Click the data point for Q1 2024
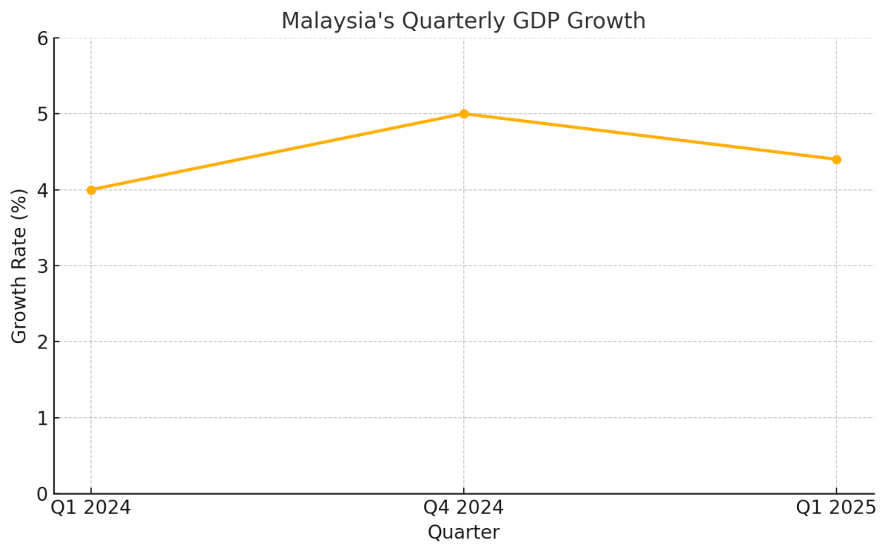point(91,190)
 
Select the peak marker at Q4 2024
point(464,114)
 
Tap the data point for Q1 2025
point(836,160)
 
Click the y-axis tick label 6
point(42,38)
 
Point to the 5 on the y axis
point(42,114)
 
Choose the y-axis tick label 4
point(42,190)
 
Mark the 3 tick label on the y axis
point(42,266)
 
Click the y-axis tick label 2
point(42,342)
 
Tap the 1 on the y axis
point(42,418)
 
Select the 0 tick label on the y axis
point(42,494)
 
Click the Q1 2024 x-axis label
point(91,508)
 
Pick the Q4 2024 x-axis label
point(464,508)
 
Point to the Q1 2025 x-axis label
point(836,508)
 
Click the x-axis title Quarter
point(464,533)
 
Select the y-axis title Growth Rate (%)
point(20,266)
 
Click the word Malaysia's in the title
point(337,21)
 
